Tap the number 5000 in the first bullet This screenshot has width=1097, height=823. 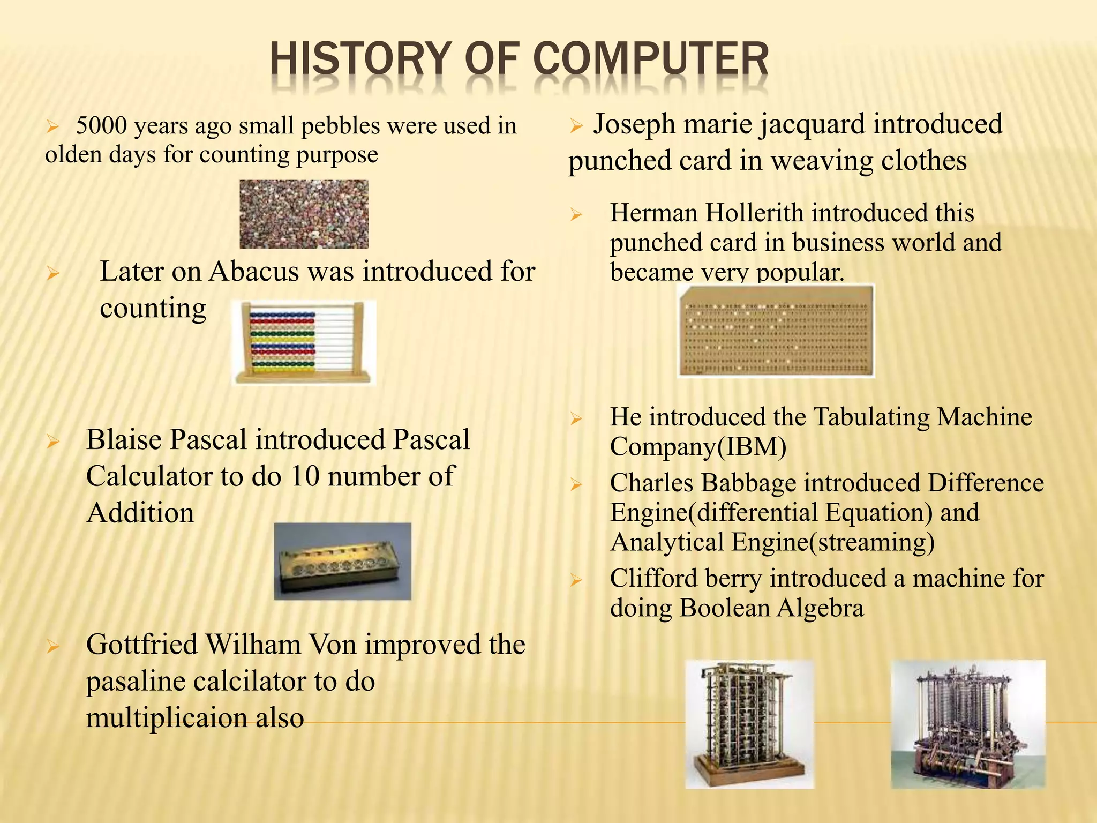[x=102, y=126]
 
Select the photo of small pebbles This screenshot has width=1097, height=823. [x=304, y=214]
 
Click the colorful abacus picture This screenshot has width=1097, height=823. [x=304, y=342]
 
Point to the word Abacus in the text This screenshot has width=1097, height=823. [x=255, y=271]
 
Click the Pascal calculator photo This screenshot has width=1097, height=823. [x=343, y=561]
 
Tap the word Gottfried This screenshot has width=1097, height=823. [x=141, y=645]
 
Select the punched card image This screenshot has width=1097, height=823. [x=776, y=331]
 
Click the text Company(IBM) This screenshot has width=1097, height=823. [x=698, y=447]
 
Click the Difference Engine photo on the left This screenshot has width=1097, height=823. [x=749, y=724]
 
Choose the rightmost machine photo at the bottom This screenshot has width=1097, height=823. [x=968, y=724]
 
